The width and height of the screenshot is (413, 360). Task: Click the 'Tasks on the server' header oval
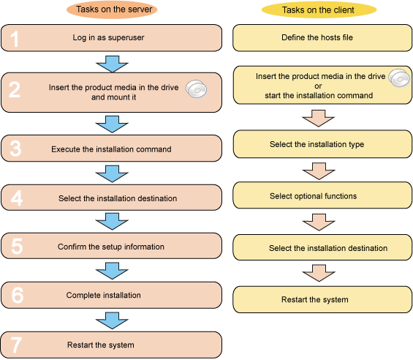[112, 10]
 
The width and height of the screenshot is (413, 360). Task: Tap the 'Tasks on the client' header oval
[319, 10]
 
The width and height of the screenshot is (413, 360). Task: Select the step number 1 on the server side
[15, 39]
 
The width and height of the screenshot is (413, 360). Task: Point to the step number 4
[16, 198]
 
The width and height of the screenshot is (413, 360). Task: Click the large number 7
[16, 345]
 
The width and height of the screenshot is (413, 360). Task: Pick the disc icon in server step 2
[197, 89]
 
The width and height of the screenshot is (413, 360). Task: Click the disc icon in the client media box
[399, 78]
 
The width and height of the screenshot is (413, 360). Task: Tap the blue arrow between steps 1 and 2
[113, 64]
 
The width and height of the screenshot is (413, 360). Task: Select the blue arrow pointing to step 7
[113, 320]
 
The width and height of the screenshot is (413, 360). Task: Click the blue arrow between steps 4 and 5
[113, 221]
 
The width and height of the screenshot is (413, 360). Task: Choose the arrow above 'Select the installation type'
[319, 119]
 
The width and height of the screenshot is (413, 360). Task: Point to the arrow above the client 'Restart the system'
[319, 273]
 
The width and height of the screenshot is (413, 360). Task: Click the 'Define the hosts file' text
[317, 37]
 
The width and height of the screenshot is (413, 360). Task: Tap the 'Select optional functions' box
[322, 195]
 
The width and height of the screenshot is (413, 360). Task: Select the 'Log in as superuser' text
[108, 37]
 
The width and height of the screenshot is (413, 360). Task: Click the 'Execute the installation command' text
[111, 149]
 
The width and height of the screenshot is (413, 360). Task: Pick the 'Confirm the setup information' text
[111, 247]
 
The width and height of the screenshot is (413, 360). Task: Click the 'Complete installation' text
[104, 295]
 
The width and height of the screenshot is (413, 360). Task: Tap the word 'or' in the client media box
[318, 86]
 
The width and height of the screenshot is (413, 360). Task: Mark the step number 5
[17, 247]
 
